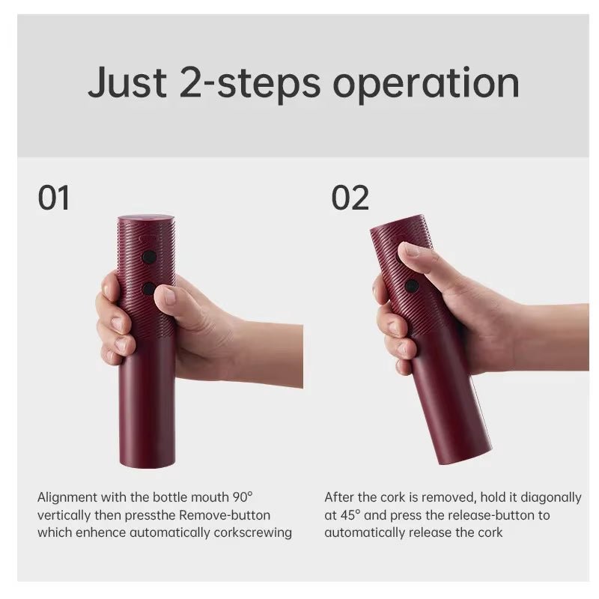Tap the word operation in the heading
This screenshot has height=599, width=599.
click(x=426, y=84)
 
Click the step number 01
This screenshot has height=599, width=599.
click(x=54, y=198)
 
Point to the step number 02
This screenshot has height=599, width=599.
click(x=350, y=198)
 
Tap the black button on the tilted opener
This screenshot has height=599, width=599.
click(x=411, y=285)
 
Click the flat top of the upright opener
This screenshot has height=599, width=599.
click(x=146, y=218)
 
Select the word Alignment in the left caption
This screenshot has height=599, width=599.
click(x=66, y=497)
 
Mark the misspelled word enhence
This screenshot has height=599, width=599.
click(x=99, y=532)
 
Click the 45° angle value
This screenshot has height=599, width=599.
click(x=349, y=515)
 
